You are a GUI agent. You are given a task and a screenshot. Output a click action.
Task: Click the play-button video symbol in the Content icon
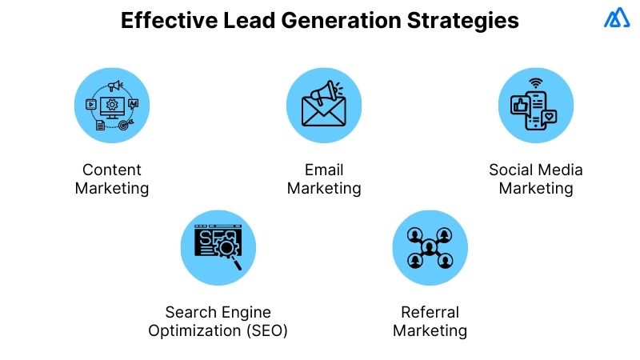pos(90,103)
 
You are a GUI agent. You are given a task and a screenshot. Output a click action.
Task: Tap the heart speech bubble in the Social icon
pos(549,118)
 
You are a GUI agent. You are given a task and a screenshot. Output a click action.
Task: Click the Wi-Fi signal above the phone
pos(535,82)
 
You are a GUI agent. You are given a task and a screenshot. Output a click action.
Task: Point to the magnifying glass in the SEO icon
pos(229,250)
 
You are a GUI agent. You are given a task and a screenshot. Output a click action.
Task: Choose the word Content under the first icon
pos(112,170)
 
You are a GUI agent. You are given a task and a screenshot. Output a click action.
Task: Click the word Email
pos(324,170)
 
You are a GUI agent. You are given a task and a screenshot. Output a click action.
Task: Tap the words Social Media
pos(536,170)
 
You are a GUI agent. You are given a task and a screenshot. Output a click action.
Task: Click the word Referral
pos(430,312)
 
